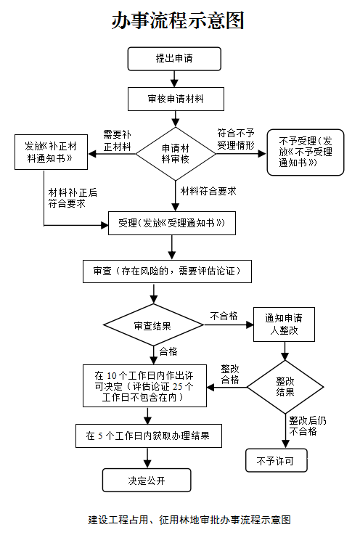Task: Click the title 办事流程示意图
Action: (178, 20)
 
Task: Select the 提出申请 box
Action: (173, 58)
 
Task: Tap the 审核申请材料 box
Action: (173, 99)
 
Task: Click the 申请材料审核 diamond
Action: (173, 153)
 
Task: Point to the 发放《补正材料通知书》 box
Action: (50, 152)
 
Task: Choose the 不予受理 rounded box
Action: (306, 152)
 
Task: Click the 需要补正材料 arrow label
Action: (117, 141)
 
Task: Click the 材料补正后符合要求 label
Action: (73, 197)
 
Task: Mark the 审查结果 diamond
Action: (153, 326)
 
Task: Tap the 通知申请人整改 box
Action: (284, 324)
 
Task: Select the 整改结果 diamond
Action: (285, 386)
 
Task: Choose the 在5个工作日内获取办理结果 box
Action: (148, 436)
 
